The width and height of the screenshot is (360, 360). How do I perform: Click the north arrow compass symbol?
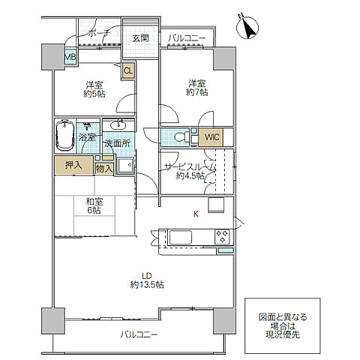pyautogui.click(x=247, y=27)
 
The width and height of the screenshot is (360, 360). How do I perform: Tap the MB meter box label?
pyautogui.click(x=70, y=57)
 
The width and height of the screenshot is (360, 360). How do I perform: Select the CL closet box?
pyautogui.click(x=128, y=70)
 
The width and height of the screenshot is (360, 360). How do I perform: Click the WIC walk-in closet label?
pyautogui.click(x=212, y=137)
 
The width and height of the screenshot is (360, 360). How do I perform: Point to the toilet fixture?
pyautogui.click(x=181, y=137)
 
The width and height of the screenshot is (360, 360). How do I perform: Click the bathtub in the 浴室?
pyautogui.click(x=65, y=136)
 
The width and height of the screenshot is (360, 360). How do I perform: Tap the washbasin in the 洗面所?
pyautogui.click(x=118, y=124)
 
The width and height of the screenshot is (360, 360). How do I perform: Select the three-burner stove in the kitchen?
pyautogui.click(x=222, y=236)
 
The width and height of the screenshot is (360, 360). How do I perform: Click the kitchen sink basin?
pyautogui.click(x=181, y=237)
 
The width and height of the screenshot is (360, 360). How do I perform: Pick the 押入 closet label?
pyautogui.click(x=73, y=165)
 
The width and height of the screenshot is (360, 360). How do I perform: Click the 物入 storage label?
pyautogui.click(x=104, y=169)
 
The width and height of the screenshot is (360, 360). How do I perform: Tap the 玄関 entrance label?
pyautogui.click(x=141, y=38)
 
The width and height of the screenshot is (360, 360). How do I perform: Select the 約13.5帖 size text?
pyautogui.click(x=147, y=284)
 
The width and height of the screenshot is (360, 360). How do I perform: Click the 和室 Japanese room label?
pyautogui.click(x=94, y=202)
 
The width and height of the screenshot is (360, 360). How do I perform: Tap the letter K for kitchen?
pyautogui.click(x=196, y=214)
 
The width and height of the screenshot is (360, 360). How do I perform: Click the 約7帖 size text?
pyautogui.click(x=197, y=92)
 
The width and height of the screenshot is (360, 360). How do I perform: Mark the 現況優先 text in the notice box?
pyautogui.click(x=283, y=334)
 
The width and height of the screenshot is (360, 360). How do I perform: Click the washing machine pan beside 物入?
pyautogui.click(x=124, y=165)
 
